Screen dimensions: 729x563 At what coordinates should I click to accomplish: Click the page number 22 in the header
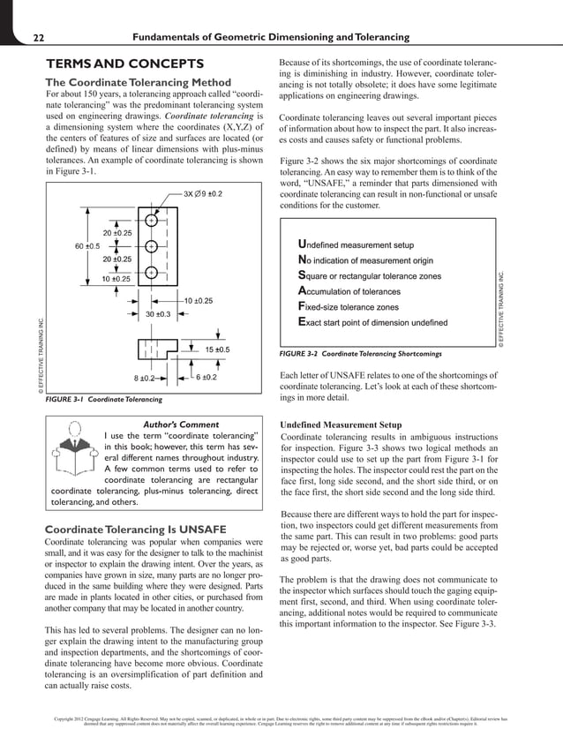[x=39, y=37]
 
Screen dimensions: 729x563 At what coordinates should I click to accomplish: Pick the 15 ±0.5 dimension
[x=217, y=349]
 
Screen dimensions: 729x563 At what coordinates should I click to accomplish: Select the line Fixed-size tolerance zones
[x=361, y=307]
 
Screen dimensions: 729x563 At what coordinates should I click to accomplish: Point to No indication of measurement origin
[x=382, y=259]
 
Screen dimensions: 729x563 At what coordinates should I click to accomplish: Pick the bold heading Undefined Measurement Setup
[x=342, y=425]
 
